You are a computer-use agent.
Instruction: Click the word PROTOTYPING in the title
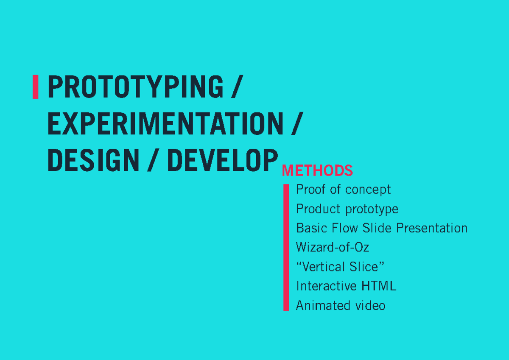pyautogui.click(x=135, y=87)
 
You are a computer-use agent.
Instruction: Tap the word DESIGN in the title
pyautogui.click(x=93, y=161)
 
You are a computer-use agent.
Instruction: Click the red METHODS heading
pyautogui.click(x=317, y=171)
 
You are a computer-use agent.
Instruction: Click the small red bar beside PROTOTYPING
pyautogui.click(x=36, y=87)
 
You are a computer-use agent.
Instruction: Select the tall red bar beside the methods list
pyautogui.click(x=286, y=247)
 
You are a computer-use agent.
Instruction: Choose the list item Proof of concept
pyautogui.click(x=343, y=190)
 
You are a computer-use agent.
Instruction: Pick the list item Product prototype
pyautogui.click(x=347, y=209)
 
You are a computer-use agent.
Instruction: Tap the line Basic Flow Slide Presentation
pyautogui.click(x=381, y=228)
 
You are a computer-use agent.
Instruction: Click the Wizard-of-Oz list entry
pyautogui.click(x=333, y=247)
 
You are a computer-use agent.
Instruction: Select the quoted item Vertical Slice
pyautogui.click(x=340, y=267)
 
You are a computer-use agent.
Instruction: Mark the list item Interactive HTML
pyautogui.click(x=346, y=286)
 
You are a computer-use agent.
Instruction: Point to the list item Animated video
pyautogui.click(x=340, y=305)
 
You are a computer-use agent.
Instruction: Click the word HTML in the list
pyautogui.click(x=379, y=286)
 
